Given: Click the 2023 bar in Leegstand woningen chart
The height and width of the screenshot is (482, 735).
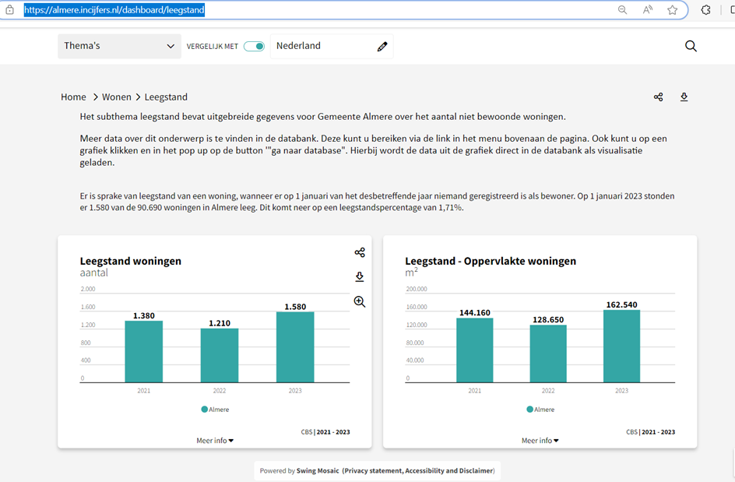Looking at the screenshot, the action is [295, 347].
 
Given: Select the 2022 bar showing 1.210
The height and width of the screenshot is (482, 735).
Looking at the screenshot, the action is [220, 355].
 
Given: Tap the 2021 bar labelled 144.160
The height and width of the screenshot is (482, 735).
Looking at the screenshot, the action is [474, 350].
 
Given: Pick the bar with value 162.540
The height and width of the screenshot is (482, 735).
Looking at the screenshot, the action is [621, 346].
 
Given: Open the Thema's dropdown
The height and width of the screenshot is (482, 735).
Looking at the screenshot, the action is [119, 46].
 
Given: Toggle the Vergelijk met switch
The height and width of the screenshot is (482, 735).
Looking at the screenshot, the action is [254, 47].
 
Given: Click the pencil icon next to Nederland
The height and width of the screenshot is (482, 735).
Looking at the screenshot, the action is [382, 47].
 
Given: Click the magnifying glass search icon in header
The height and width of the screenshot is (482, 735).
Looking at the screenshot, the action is [691, 46].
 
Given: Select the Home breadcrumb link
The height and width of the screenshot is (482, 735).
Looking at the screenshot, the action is [74, 97].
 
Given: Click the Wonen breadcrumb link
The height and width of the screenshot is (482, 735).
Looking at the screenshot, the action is [117, 97].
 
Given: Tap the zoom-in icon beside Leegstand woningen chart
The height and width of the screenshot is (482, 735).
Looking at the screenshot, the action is [360, 301].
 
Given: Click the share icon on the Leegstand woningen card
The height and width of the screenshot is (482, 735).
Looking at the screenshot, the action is [360, 253].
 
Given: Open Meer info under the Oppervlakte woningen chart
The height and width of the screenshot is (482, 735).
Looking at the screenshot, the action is [540, 440].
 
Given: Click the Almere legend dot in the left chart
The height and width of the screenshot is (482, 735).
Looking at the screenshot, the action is [204, 410].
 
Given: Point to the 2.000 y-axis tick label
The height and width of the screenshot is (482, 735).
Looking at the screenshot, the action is [88, 289].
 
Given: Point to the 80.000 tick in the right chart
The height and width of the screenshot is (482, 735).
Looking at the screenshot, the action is [415, 343].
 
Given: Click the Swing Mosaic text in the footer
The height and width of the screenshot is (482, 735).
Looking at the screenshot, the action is [318, 471].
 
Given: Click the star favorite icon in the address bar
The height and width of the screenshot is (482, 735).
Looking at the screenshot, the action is [672, 10].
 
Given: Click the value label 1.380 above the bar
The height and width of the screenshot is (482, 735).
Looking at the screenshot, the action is [144, 315].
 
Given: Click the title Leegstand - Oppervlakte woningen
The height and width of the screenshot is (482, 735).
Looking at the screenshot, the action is [491, 261].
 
